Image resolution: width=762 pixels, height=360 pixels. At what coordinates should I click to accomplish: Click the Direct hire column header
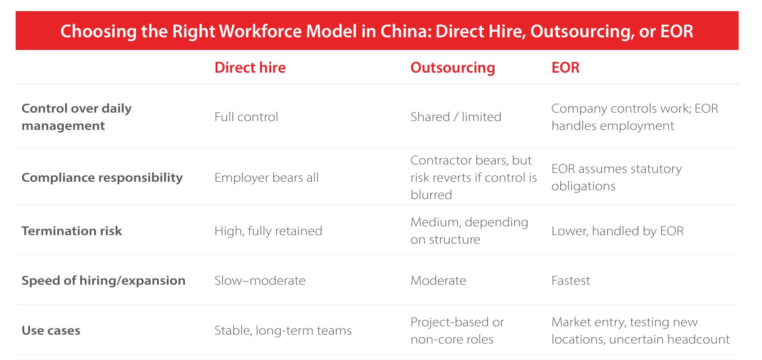250,68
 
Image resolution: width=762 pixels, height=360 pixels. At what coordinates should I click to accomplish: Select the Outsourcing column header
453,68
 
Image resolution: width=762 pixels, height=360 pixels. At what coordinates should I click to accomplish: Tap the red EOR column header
565,68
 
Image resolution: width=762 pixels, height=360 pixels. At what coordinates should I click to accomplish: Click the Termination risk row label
71,231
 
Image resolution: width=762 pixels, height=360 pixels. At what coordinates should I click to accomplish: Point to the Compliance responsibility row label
102,178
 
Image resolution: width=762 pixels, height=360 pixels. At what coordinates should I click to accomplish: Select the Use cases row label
51,330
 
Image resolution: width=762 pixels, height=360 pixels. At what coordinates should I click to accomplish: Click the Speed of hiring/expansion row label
103,280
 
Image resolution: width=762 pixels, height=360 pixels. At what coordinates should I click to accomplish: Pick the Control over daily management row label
76,117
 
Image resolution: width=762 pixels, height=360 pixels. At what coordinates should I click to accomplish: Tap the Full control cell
246,117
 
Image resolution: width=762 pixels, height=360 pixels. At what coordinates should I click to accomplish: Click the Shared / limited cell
456,117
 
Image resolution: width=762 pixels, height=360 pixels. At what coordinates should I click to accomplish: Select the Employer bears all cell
266,178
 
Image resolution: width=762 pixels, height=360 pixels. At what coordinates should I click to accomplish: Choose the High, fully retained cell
268,231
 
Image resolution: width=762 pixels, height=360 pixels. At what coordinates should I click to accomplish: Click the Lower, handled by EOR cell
618,231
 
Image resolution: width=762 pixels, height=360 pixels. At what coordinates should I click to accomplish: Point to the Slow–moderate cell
260,280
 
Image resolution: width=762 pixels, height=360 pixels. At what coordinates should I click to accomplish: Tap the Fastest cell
571,280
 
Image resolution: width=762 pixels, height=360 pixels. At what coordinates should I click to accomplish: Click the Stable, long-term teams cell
283,330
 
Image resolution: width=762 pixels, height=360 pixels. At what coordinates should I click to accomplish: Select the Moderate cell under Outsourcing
438,280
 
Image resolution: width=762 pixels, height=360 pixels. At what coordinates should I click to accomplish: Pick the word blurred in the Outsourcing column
431,195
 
